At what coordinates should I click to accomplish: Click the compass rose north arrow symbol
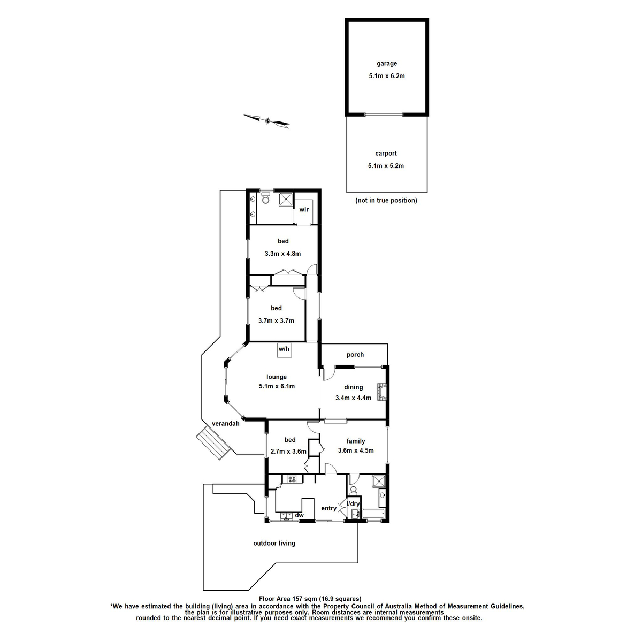coord(267,121)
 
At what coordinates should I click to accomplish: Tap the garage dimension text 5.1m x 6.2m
coord(387,76)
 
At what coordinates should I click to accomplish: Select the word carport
coord(386,154)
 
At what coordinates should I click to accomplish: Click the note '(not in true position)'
coord(386,201)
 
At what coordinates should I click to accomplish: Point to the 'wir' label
coord(303,209)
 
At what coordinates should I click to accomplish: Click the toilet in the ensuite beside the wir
coord(265,198)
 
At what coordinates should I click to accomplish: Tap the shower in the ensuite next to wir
coord(286,199)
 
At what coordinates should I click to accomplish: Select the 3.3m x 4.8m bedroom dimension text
coord(283,254)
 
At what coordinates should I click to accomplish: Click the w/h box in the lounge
coord(284,349)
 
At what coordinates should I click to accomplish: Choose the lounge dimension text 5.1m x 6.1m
coord(277,386)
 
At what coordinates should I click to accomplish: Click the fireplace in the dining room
coord(381,392)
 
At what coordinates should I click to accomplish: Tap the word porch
coord(355,355)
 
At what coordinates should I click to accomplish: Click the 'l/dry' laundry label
coord(353,504)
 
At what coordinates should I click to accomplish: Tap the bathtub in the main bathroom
coord(373,515)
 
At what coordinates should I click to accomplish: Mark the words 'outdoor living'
coord(274,543)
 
